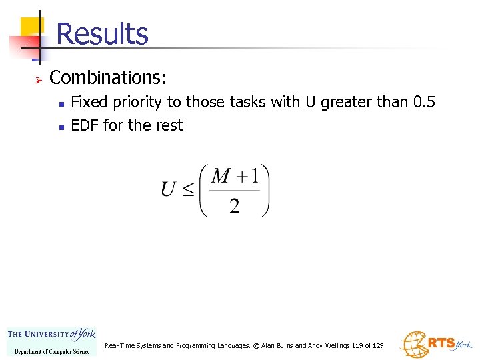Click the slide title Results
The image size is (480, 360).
click(x=102, y=33)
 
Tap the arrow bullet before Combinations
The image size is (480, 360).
click(x=38, y=79)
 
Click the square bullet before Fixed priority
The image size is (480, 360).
click(x=61, y=104)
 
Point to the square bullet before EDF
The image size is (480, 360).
click(x=61, y=127)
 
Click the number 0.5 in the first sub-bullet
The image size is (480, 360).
click(x=423, y=103)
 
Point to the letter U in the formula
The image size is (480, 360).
click(x=169, y=189)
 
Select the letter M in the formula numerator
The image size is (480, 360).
click(x=221, y=176)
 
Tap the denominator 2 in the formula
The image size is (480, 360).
click(x=235, y=206)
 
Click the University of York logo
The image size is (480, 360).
click(x=51, y=341)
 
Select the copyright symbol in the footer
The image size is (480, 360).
click(x=256, y=346)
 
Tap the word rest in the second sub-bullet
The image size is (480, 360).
click(x=169, y=125)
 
